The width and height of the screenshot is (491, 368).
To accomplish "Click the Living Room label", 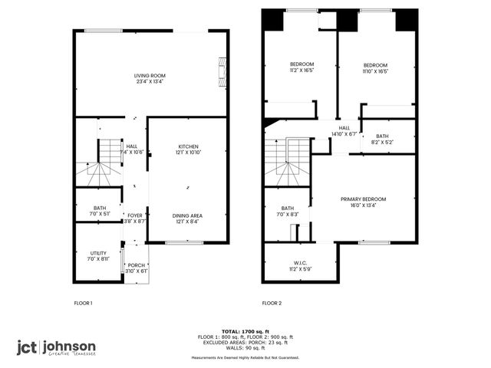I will tap(150, 78).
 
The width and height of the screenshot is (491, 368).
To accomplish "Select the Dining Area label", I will tap(188, 219).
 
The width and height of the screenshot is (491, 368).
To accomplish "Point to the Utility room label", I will tap(98, 255).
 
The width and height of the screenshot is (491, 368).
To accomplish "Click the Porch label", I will tap(137, 268).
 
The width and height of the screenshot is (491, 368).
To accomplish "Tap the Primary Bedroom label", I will tap(363, 202).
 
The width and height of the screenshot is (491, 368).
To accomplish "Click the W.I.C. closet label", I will tap(300, 266).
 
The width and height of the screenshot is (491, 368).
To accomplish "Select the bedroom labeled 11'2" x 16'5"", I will tap(302, 67).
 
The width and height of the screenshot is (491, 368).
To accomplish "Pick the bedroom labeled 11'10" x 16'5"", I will tap(375, 67).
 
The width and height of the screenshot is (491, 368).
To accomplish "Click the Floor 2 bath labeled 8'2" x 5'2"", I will tap(382, 139).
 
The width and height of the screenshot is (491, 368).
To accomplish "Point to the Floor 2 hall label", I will tap(344, 130).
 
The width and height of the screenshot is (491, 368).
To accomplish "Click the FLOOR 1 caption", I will tap(83, 304).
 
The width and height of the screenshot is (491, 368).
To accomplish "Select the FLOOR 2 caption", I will tap(272, 304).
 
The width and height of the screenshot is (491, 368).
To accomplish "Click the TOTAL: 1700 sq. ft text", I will tap(245, 332).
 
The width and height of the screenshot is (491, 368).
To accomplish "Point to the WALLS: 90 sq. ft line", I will tap(245, 348).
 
